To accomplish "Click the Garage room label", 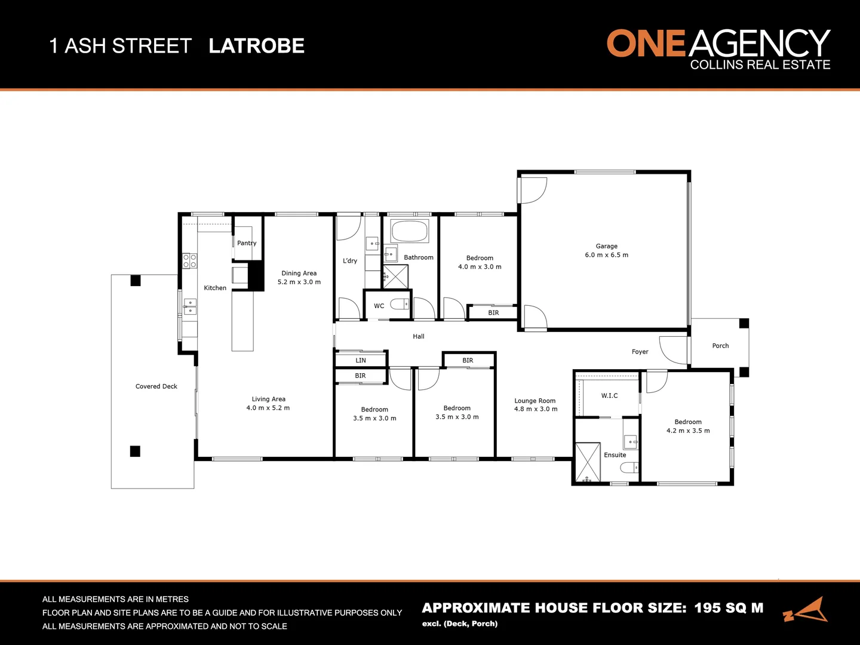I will click(606, 246).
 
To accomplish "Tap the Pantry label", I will click(247, 243).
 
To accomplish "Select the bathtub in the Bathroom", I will click(410, 231).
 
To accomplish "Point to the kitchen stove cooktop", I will click(190, 260).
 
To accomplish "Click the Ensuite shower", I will click(588, 462).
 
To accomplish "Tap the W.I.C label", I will click(609, 395).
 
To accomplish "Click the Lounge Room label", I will click(535, 401).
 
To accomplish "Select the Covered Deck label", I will click(156, 386).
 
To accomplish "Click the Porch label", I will click(720, 346).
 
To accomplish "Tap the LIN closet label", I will click(361, 360).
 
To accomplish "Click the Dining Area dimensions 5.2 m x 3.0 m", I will click(299, 282).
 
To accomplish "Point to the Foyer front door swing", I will click(673, 351).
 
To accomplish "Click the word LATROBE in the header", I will click(257, 46).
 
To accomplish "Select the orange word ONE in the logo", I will click(646, 44).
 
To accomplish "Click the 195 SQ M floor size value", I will click(729, 608).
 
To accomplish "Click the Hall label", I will click(419, 336).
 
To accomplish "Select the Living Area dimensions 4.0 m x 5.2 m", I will click(268, 408).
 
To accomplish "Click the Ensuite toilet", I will click(629, 468).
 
